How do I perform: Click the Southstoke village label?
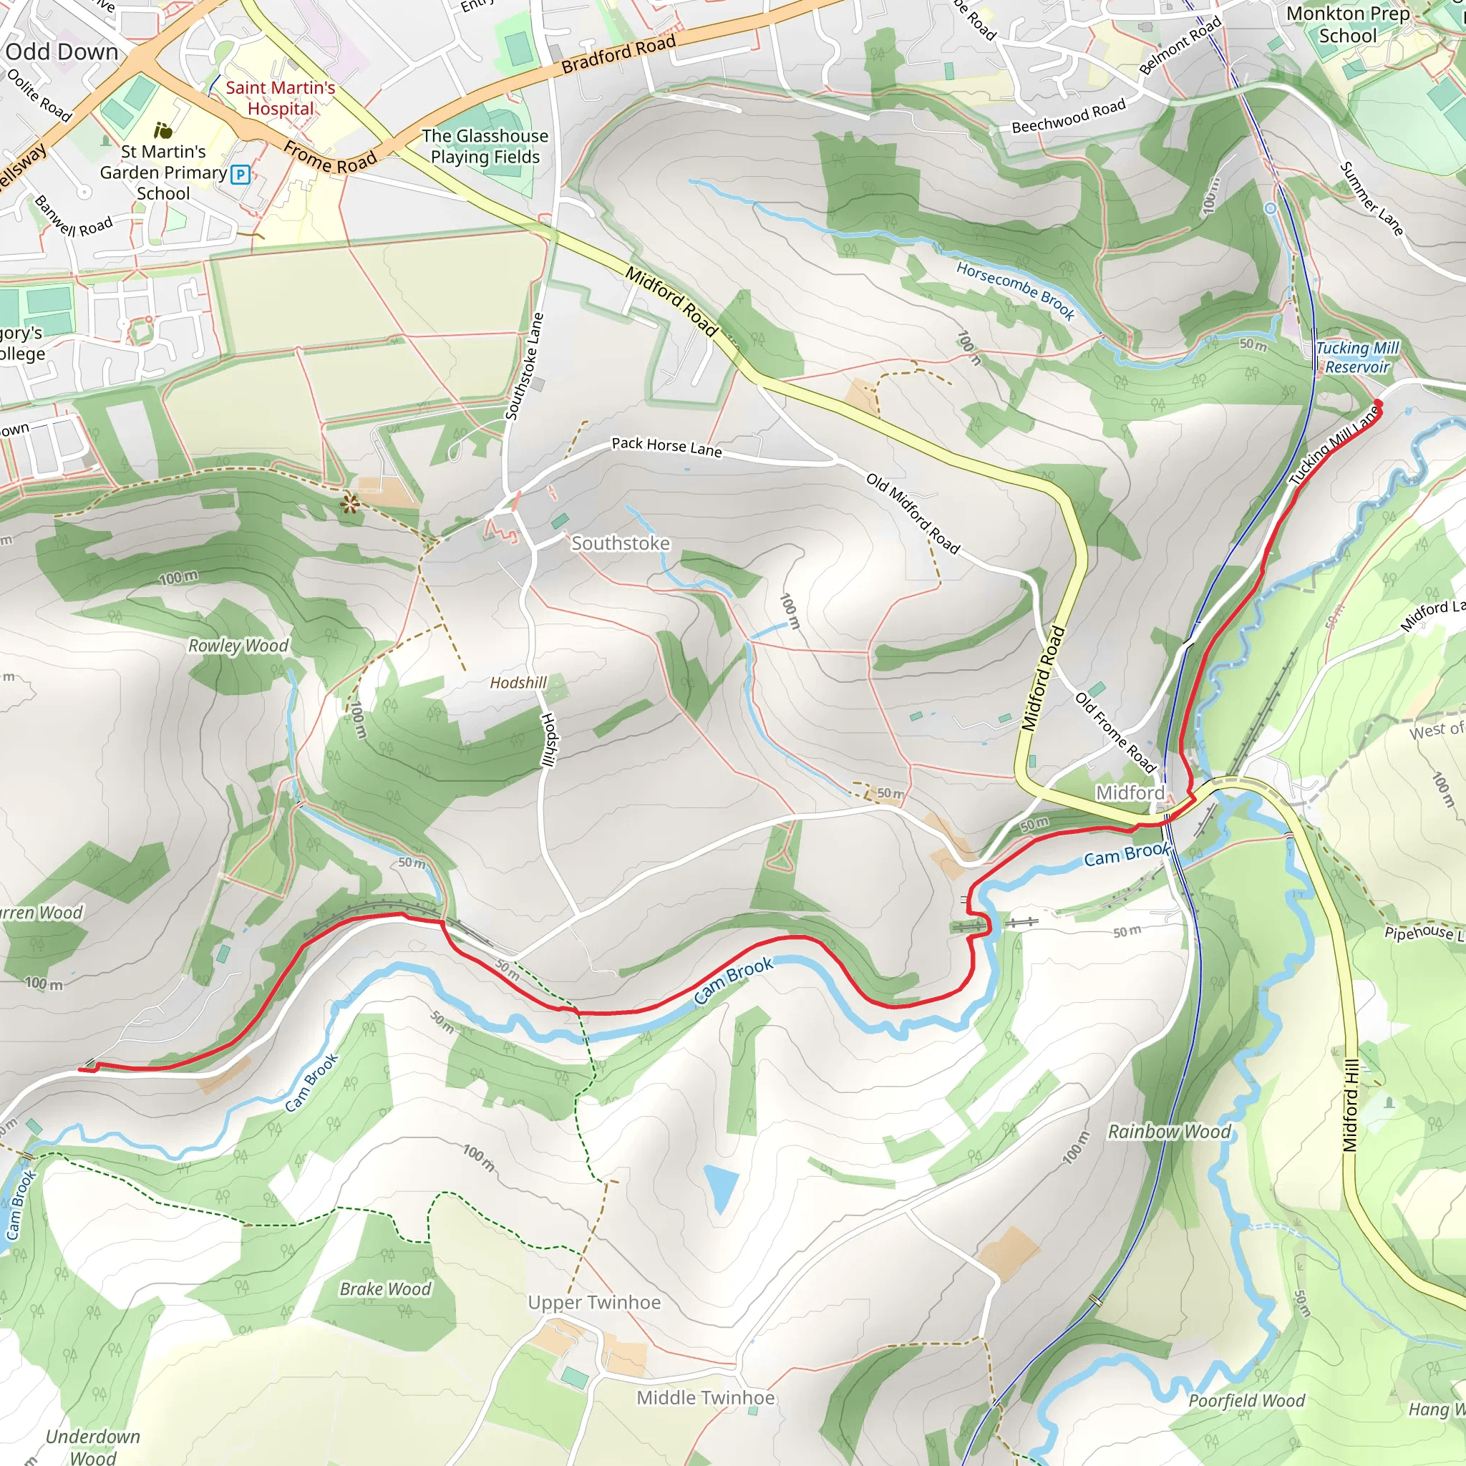(x=620, y=543)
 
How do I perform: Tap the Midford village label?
(x=1130, y=792)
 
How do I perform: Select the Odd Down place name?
(x=62, y=52)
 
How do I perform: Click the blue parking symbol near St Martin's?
(x=241, y=175)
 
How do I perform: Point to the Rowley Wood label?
(x=238, y=645)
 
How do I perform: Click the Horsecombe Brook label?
(x=1014, y=290)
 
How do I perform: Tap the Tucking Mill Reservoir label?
(x=1356, y=357)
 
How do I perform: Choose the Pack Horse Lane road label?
(x=666, y=446)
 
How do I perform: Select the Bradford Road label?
(x=618, y=54)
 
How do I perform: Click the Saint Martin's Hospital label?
(x=280, y=98)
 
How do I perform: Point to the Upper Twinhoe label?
(x=594, y=1302)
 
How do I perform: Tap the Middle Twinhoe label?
(x=705, y=1398)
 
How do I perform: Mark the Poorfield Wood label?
(x=1247, y=1400)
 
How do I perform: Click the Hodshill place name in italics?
(x=518, y=682)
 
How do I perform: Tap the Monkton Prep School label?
(x=1348, y=24)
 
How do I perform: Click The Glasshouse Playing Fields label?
(x=485, y=147)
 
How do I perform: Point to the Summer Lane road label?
(x=1370, y=198)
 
